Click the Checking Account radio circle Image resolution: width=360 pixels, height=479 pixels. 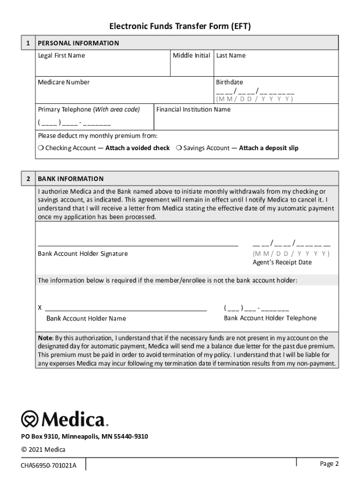point(41,148)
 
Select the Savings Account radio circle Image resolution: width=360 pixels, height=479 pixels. point(179,148)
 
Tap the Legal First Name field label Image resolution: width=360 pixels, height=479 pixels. point(61,56)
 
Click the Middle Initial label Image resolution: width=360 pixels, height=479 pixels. point(191,56)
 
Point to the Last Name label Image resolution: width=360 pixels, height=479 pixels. point(230,56)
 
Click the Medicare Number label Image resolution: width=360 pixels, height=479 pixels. point(64,82)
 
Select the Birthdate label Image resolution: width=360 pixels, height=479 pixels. point(229,82)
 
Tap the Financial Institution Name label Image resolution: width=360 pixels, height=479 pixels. point(193,109)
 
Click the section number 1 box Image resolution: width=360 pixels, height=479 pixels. point(28,43)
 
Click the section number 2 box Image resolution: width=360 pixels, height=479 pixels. point(28,179)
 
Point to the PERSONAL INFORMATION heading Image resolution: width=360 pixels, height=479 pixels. point(79,43)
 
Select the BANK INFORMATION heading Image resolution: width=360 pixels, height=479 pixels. point(71,179)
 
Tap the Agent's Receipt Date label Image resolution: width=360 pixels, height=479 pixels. point(282,262)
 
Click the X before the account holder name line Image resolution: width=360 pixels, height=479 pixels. point(40,308)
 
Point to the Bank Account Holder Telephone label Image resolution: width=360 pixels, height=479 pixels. point(270,318)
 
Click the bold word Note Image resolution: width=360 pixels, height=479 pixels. point(45,338)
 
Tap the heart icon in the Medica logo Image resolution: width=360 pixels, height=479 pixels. point(30,419)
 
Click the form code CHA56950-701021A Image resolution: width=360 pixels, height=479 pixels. point(48,465)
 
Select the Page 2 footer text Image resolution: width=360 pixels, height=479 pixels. point(329,464)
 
